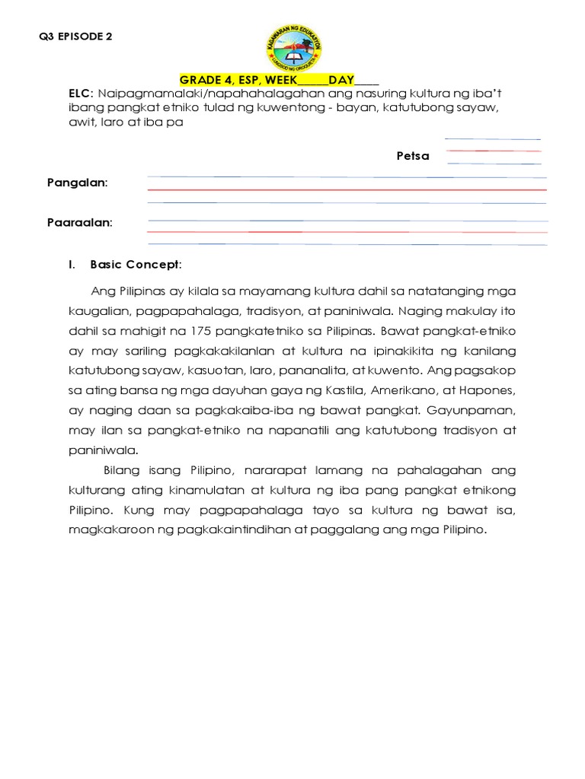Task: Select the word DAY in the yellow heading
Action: pyautogui.click(x=341, y=80)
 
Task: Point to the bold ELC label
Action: pyautogui.click(x=79, y=93)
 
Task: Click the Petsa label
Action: pyautogui.click(x=412, y=156)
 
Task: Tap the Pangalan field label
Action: pyautogui.click(x=77, y=183)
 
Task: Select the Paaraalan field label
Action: pyautogui.click(x=79, y=223)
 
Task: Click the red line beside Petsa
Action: pyautogui.click(x=493, y=151)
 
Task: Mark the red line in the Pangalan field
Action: pyautogui.click(x=347, y=189)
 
